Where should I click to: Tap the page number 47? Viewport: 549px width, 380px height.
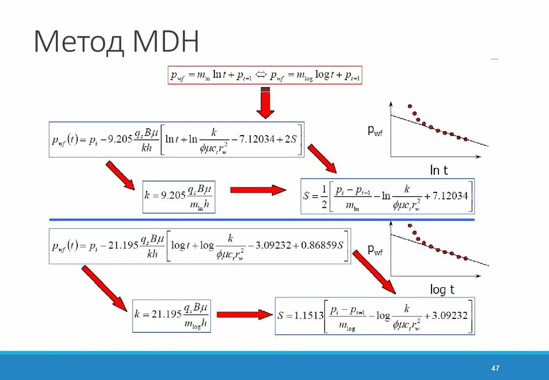point(495,368)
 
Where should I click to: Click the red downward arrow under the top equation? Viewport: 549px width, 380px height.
point(265,102)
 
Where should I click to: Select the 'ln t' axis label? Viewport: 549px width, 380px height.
point(439,170)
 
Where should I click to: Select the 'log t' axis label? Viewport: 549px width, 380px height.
point(442,290)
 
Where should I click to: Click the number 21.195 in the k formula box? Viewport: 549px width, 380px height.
point(166,314)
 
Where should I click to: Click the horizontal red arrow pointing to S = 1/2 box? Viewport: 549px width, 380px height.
point(258,190)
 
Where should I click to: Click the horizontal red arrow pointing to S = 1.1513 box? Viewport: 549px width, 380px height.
point(244,315)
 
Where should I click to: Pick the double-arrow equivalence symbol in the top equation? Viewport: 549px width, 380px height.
point(262,76)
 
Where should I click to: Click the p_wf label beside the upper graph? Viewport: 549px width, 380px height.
point(375,130)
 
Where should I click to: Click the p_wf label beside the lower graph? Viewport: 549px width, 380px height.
point(375,249)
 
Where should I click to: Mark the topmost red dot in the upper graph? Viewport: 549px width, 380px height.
point(410,106)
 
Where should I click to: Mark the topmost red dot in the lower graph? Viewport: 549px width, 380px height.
point(410,225)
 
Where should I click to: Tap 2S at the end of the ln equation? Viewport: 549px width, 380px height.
point(291,138)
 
